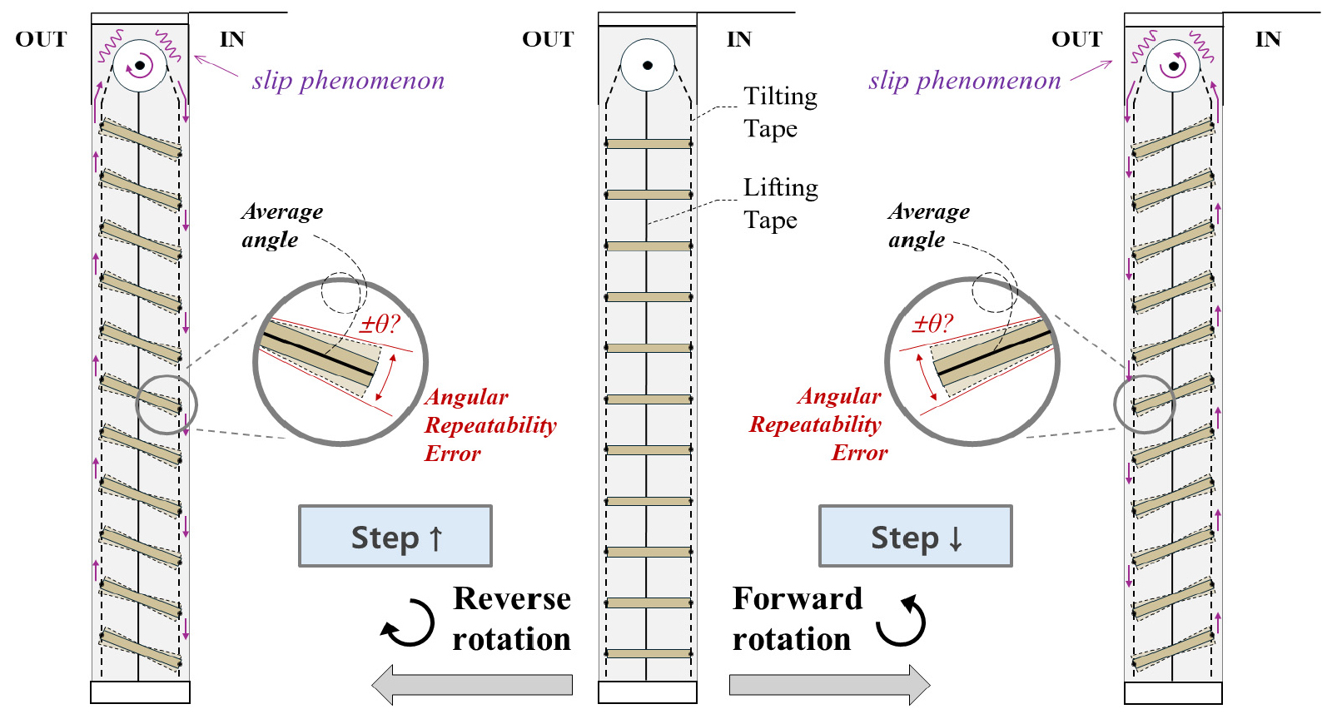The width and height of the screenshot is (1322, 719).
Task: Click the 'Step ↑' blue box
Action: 395,537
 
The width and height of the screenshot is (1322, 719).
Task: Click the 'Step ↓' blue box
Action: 916,537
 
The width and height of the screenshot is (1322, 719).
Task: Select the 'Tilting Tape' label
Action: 780,112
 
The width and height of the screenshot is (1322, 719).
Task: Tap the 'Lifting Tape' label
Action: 780,204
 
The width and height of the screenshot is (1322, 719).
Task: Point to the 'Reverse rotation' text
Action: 511,619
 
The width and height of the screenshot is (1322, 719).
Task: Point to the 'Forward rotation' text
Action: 797,619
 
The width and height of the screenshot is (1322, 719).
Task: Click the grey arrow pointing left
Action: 472,684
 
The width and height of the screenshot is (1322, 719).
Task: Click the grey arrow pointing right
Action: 829,684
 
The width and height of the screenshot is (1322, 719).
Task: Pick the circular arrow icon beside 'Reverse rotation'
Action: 409,623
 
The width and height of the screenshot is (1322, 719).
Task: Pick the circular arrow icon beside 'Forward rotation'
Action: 902,622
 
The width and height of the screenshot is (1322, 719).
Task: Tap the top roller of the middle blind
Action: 647,65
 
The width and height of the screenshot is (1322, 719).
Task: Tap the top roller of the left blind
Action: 140,65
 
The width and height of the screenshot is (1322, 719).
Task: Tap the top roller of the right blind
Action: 1173,65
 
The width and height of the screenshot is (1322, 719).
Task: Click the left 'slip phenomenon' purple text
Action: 348,81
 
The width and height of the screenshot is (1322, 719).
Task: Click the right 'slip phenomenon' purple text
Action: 964,81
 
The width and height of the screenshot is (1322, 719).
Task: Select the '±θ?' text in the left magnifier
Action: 380,325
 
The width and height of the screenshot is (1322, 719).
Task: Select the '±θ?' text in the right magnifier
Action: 932,324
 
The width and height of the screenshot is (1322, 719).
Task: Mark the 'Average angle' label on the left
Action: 281,226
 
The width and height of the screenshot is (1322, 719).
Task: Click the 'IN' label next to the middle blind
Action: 738,39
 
